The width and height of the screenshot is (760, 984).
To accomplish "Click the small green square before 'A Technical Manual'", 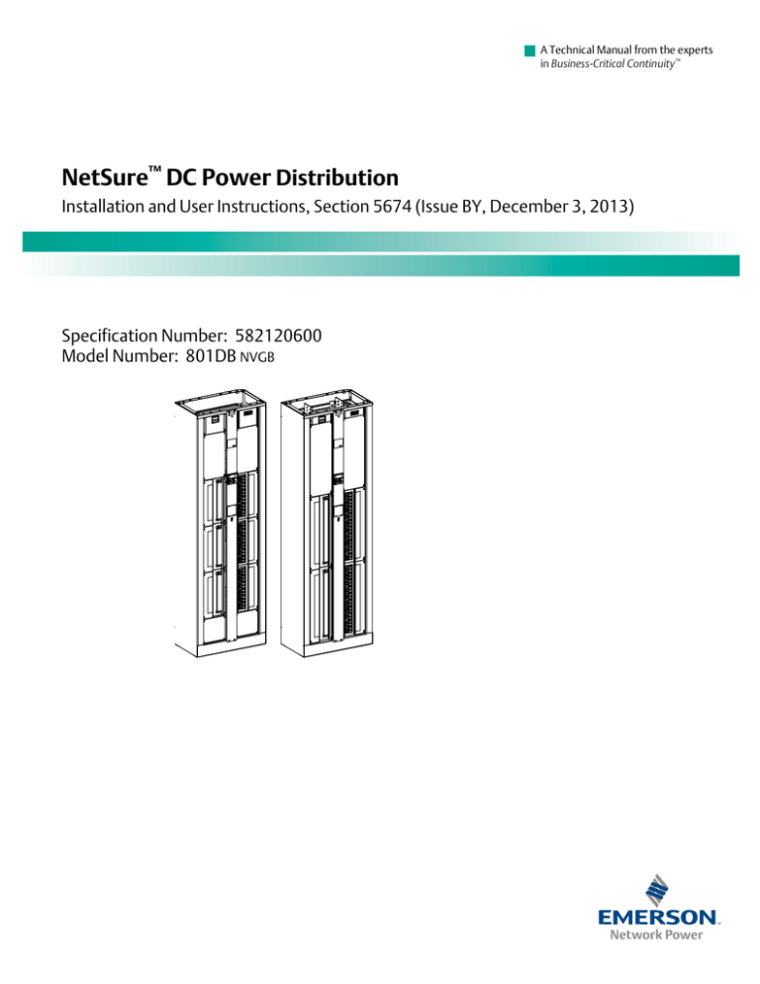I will tap(530, 49).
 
